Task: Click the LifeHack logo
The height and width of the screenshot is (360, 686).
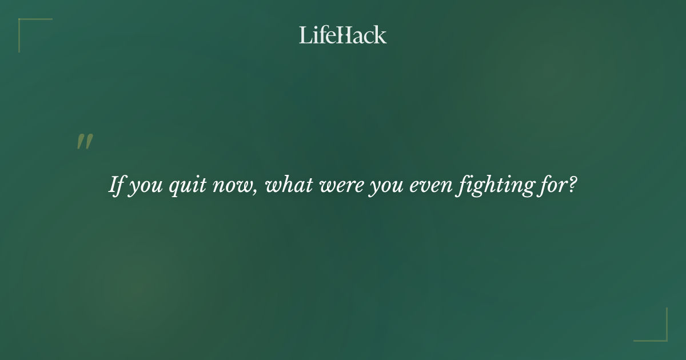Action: pyautogui.click(x=343, y=35)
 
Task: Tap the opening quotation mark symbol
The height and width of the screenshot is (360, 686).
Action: pyautogui.click(x=85, y=142)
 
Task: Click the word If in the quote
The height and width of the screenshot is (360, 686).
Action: pyautogui.click(x=116, y=185)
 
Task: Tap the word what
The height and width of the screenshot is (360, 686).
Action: pyautogui.click(x=290, y=185)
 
